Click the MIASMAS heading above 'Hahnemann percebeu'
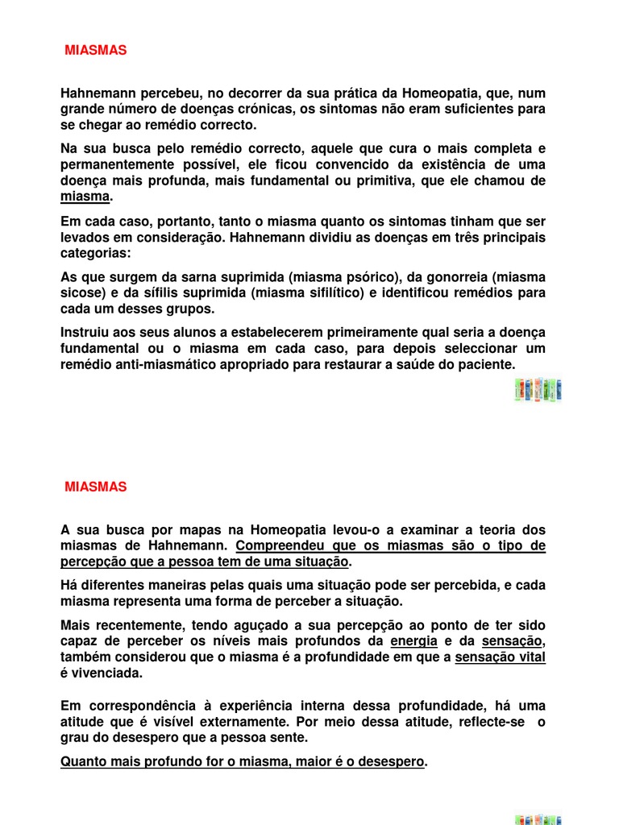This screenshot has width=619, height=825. tap(96, 50)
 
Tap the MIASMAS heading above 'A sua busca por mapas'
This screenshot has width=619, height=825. tap(96, 487)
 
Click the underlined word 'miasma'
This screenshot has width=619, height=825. tap(85, 197)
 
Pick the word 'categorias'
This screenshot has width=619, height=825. tap(93, 253)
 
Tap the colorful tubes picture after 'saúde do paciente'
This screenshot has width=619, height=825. tap(538, 391)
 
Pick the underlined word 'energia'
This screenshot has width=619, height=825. tap(413, 641)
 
